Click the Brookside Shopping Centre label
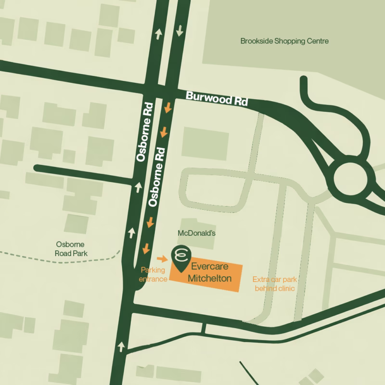[284, 41]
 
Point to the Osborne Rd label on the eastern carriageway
[159, 178]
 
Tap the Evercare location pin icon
[181, 257]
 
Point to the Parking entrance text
[153, 272]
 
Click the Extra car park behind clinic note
[273, 283]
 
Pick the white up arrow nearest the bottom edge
[121, 346]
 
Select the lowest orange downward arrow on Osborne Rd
[145, 249]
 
